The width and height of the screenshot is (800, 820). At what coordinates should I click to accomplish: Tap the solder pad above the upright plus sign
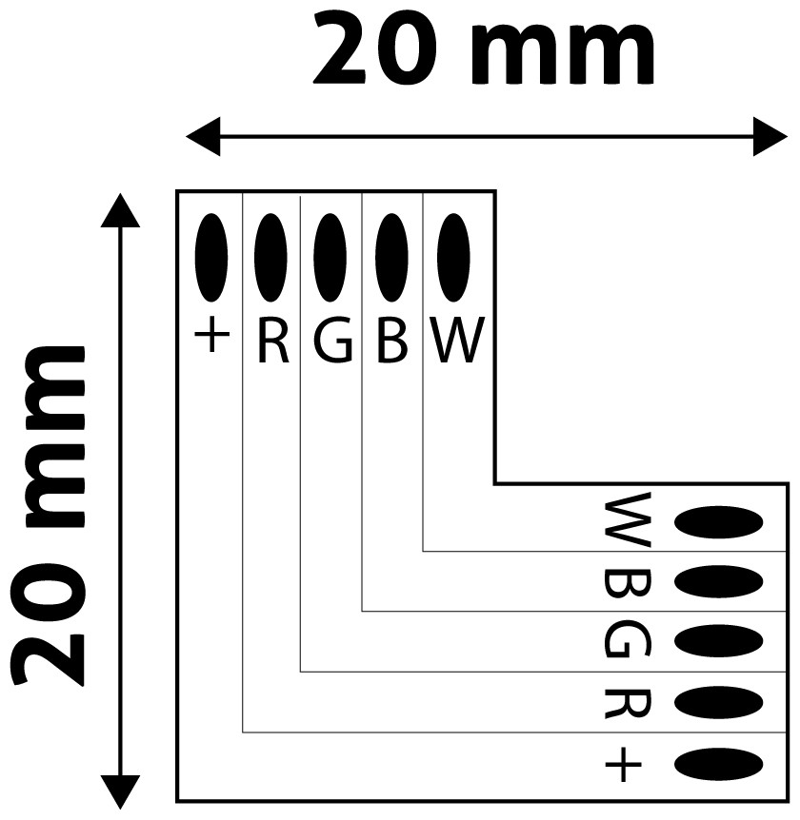211,256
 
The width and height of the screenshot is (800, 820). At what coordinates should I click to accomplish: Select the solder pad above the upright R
271,256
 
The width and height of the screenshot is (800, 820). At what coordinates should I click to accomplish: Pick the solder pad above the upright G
330,256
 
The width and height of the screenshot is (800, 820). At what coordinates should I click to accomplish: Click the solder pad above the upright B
390,256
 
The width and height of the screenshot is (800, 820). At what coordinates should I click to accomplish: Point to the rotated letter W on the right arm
628,520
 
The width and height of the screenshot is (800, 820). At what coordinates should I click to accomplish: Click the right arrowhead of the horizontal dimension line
770,136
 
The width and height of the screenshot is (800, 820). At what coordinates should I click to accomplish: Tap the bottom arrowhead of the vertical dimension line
119,791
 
